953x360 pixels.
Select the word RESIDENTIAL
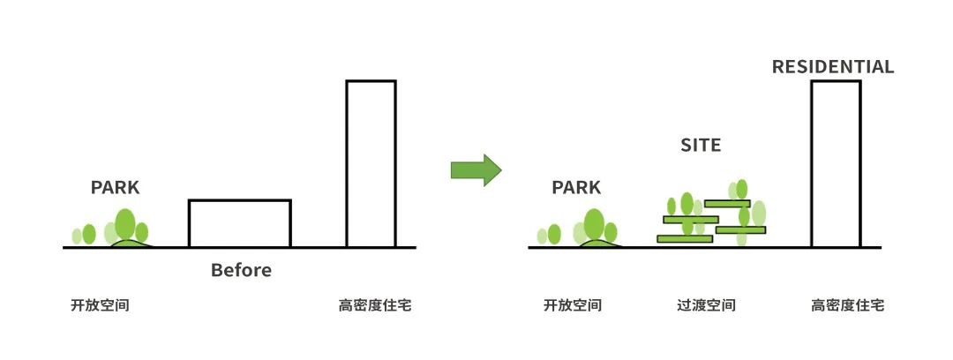pyautogui.click(x=832, y=67)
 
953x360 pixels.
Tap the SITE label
pyautogui.click(x=700, y=146)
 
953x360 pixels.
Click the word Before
pyautogui.click(x=241, y=270)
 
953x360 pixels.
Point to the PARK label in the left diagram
pyautogui.click(x=115, y=188)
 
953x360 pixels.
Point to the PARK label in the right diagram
pyautogui.click(x=575, y=188)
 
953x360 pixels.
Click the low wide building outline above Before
pyautogui.click(x=239, y=223)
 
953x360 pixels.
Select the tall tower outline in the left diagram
pyautogui.click(x=371, y=163)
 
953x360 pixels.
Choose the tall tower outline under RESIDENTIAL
pyautogui.click(x=835, y=163)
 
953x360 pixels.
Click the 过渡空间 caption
pyautogui.click(x=706, y=306)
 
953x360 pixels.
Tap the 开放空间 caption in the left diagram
pyautogui.click(x=101, y=306)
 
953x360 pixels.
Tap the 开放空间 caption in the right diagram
pyautogui.click(x=572, y=306)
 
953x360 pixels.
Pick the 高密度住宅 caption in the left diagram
pyautogui.click(x=374, y=306)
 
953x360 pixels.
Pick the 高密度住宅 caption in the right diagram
pyautogui.click(x=847, y=306)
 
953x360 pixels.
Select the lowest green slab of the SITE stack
pyautogui.click(x=685, y=239)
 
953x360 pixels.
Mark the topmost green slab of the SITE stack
pyautogui.click(x=727, y=204)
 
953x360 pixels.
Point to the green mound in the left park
pyautogui.click(x=130, y=244)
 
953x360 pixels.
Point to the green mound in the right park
pyautogui.click(x=598, y=244)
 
